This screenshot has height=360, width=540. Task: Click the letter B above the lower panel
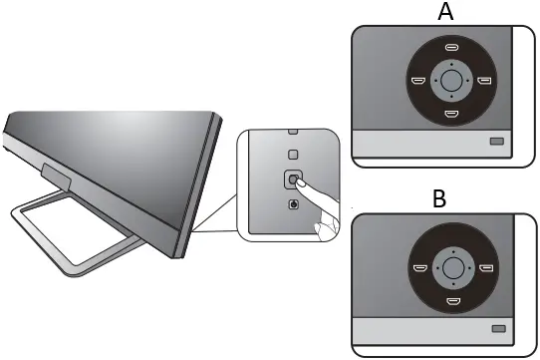coord(439,199)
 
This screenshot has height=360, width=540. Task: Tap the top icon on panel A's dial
coord(451,48)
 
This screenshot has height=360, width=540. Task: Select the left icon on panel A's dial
coord(419,81)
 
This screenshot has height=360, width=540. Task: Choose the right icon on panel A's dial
coord(484,81)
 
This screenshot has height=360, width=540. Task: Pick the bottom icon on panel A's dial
coord(451,114)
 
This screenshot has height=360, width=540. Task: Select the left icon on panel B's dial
coord(419,267)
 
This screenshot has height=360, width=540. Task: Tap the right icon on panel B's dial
coord(484,267)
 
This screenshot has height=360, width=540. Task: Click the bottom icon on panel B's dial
coord(451,299)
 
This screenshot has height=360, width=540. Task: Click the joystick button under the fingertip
coord(292,180)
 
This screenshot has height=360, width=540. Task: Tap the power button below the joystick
coord(292,205)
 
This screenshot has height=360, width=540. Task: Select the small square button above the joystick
coord(292,155)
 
